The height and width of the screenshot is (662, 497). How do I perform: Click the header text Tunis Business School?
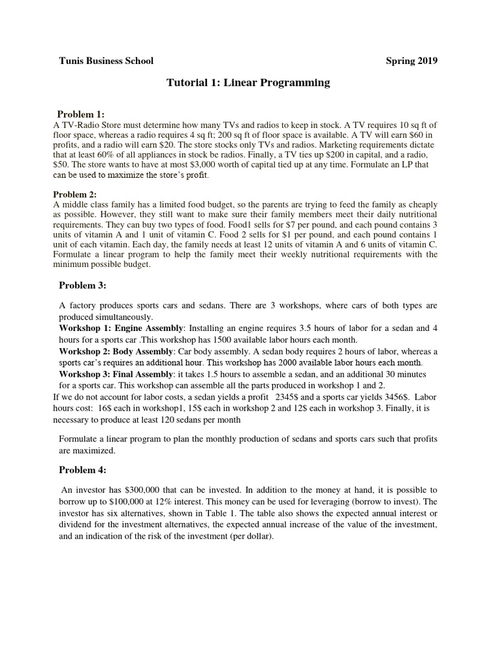[106, 61]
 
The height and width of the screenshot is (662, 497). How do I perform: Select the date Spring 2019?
[412, 61]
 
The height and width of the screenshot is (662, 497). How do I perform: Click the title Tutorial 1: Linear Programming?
[248, 83]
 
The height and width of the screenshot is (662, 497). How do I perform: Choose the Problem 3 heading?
[82, 285]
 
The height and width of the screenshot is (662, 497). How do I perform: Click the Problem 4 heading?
[82, 470]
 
